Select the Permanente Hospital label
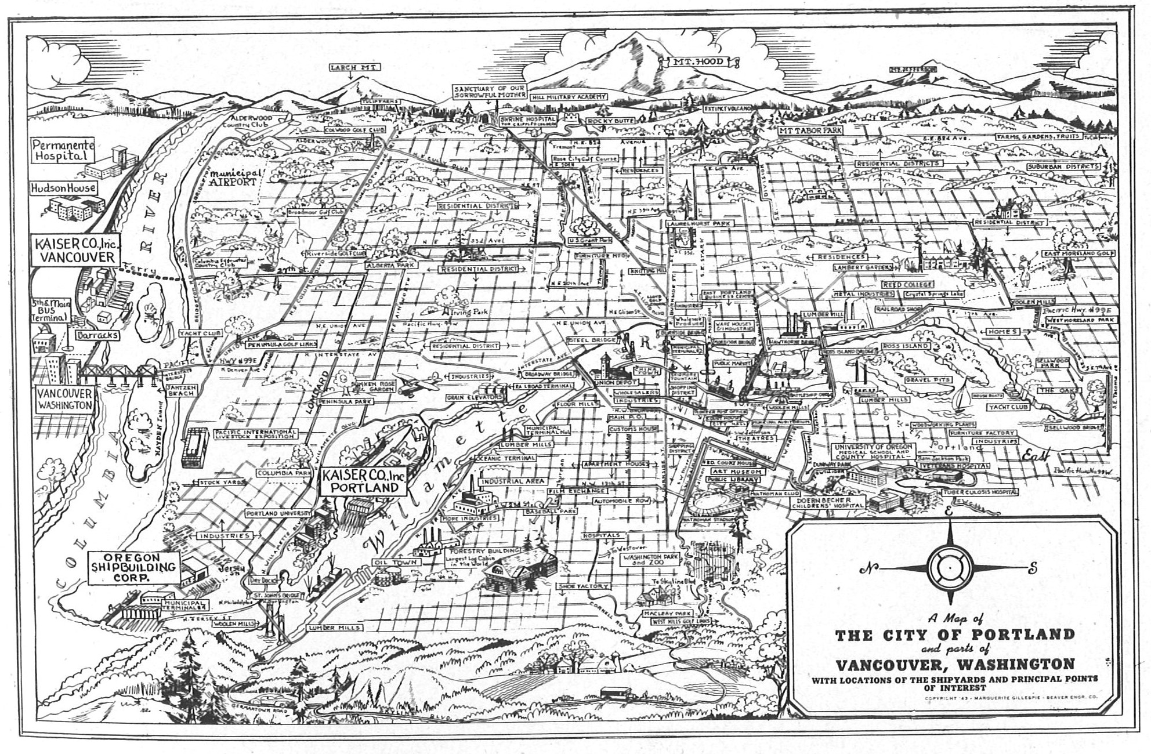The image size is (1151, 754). point(63,150)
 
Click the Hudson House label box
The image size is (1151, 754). point(64,188)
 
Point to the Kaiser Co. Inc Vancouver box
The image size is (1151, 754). point(75,251)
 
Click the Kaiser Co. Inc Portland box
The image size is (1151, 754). point(362,481)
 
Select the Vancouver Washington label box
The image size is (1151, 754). point(64,400)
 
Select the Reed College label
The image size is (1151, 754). point(908,285)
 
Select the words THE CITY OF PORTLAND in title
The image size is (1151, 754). point(955,635)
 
